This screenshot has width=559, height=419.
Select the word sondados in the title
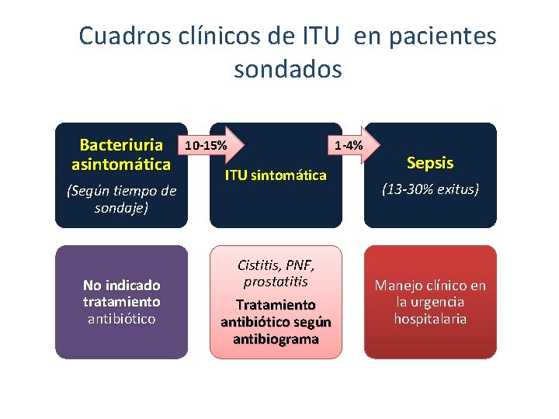(287, 69)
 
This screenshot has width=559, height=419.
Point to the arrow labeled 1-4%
(353, 144)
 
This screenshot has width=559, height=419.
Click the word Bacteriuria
(122, 145)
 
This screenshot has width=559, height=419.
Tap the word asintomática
(121, 164)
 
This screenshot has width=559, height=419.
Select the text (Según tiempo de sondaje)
(121, 199)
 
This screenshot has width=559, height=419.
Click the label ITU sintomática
(276, 175)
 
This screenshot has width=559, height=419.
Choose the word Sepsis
(430, 163)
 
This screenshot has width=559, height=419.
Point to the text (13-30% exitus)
(430, 189)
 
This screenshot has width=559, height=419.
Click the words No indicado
(121, 285)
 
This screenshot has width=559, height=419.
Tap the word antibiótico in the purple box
(121, 319)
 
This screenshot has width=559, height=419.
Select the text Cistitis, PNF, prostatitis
(276, 273)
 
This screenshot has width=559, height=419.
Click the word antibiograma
(276, 339)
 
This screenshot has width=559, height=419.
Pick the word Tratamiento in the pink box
(276, 305)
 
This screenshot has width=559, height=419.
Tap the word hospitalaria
(430, 319)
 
